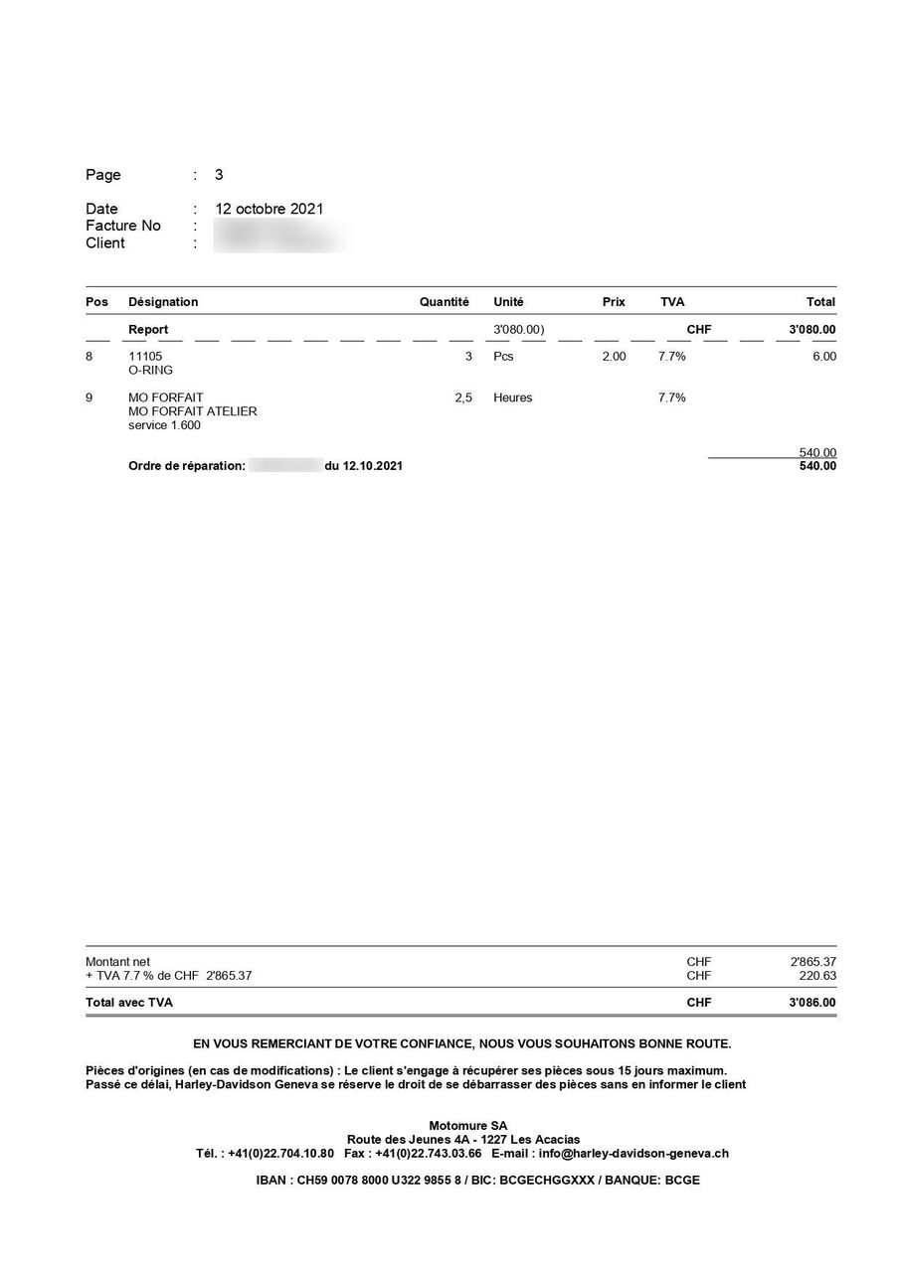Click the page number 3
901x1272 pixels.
(x=219, y=175)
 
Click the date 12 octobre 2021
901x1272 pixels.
(x=269, y=209)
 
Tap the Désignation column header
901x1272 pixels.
(x=163, y=302)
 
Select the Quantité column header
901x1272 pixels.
(x=444, y=302)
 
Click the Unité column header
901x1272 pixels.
(x=508, y=302)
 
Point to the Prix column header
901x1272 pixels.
(x=614, y=302)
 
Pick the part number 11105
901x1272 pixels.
(x=145, y=356)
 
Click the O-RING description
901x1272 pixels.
(x=150, y=371)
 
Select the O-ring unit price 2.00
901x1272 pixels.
(x=614, y=356)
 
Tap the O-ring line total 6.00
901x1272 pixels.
(x=823, y=356)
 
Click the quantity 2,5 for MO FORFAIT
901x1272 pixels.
(x=462, y=397)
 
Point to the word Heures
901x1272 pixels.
(x=512, y=397)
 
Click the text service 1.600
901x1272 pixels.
(x=164, y=425)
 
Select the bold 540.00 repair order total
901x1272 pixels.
(x=817, y=466)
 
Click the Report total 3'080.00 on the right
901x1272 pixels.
(x=812, y=329)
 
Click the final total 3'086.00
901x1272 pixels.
(x=812, y=1003)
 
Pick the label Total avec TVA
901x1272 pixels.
(x=129, y=1003)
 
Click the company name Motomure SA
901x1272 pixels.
(x=467, y=1125)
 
